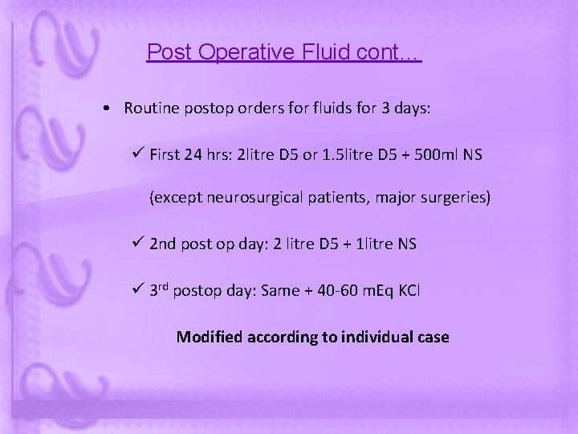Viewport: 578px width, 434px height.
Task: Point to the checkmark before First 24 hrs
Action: pos(138,154)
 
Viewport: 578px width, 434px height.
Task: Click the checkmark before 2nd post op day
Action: pos(138,243)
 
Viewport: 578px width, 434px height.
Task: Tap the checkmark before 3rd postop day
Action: pos(138,289)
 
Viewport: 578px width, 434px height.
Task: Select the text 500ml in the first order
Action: pos(435,154)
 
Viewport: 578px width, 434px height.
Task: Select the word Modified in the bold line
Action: pos(208,336)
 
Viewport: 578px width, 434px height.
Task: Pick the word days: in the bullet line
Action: pos(413,109)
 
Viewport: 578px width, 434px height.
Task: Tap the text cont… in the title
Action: pos(392,53)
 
